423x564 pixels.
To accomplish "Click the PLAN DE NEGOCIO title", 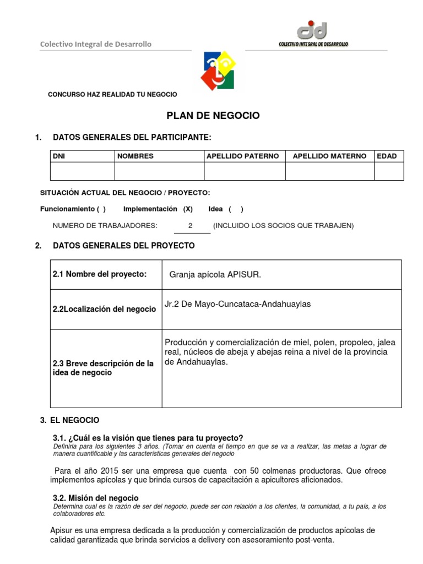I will [213, 116].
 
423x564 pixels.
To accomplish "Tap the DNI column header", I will [58, 156].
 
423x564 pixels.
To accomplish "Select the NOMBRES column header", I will [135, 156].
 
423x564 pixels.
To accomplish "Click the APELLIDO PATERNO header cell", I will [242, 156].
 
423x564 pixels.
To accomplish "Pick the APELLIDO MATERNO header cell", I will [329, 156].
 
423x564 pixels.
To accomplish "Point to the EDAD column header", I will [387, 156].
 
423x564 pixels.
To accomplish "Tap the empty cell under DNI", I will [82, 171].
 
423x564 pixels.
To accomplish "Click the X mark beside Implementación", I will [188, 209].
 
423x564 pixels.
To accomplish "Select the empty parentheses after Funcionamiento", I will [101, 209].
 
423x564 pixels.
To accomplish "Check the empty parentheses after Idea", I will [235, 209].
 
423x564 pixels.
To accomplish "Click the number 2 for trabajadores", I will [190, 226].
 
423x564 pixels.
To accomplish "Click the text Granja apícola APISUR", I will [215, 275].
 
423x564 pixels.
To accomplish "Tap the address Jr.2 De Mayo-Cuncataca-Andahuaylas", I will [237, 304].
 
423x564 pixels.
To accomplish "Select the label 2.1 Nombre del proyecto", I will [100, 275].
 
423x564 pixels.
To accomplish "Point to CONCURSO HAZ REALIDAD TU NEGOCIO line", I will [112, 95].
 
